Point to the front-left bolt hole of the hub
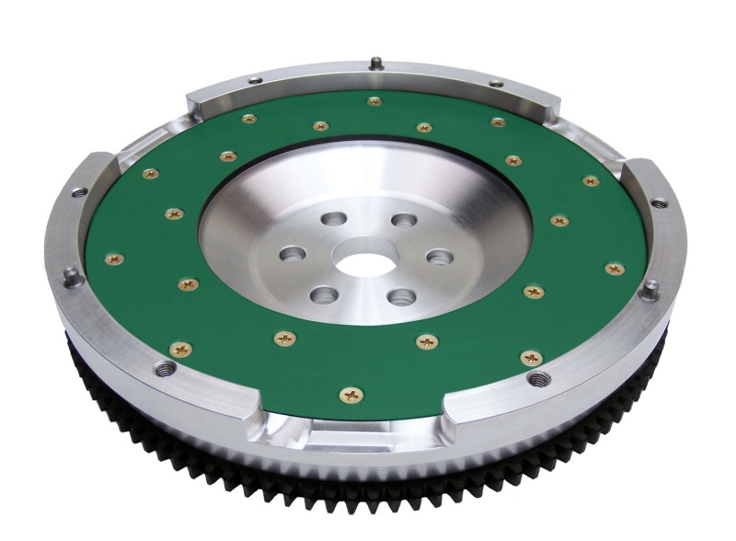[x=323, y=294]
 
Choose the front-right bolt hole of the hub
[x=400, y=296]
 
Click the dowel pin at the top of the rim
[x=377, y=63]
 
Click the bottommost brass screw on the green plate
[x=351, y=395]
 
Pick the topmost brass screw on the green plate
[x=374, y=101]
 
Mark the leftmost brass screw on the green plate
[x=114, y=259]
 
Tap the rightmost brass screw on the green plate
[x=614, y=269]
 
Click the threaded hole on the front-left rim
[x=166, y=369]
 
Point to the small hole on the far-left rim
[x=79, y=192]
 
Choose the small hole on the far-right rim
[x=659, y=202]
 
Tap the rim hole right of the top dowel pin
[x=497, y=84]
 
